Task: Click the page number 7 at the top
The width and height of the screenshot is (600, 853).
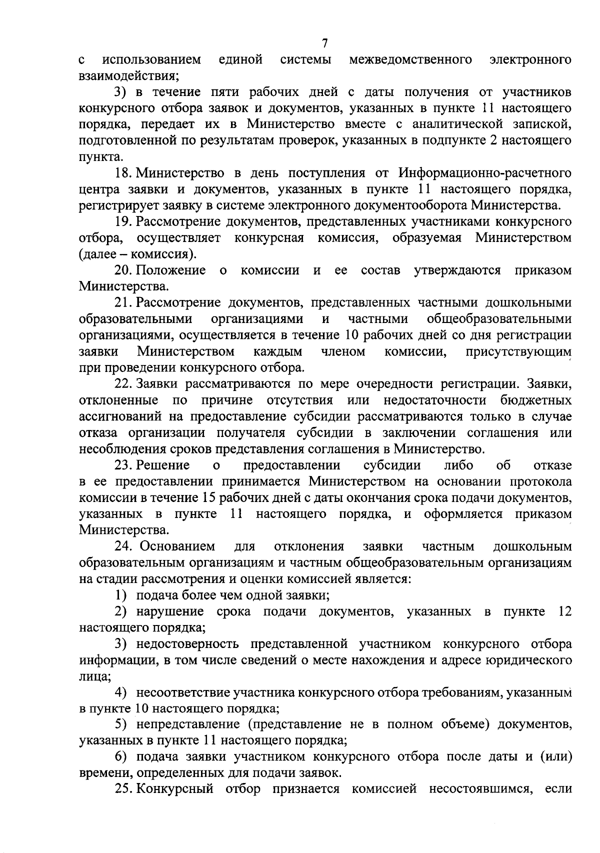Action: [324, 43]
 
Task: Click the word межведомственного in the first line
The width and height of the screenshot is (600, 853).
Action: [411, 60]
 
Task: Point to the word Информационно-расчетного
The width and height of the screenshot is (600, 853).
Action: [484, 173]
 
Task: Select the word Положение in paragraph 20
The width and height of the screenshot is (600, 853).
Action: [170, 270]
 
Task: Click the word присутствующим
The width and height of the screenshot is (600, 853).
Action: [518, 351]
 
